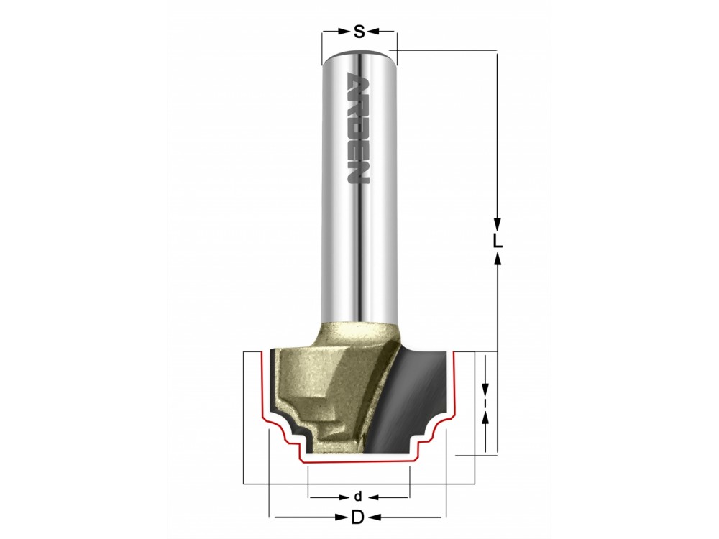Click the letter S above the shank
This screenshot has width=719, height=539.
tap(359, 32)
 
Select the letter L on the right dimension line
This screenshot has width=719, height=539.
tap(498, 241)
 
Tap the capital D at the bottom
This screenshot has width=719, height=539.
tap(357, 517)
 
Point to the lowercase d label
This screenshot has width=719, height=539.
tap(358, 497)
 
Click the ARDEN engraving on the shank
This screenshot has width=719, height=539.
tap(359, 128)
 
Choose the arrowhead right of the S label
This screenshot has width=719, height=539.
tap(374, 32)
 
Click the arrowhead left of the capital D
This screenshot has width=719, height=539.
tap(342, 517)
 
